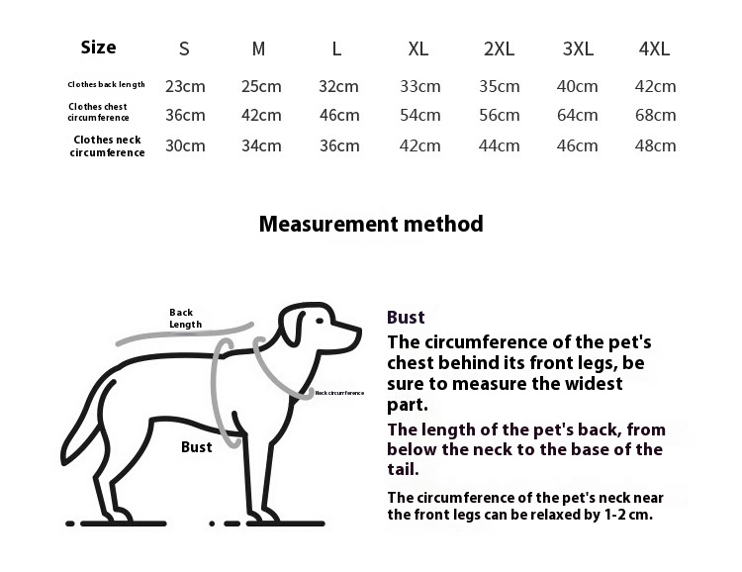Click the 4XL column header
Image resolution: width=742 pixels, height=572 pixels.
pos(655,48)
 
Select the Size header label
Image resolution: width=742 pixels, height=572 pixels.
pos(98,48)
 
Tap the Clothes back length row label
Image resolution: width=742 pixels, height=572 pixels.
pos(107,85)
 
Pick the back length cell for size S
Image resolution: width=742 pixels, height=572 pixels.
pos(185,86)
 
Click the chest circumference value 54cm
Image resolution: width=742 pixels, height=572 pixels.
pos(419,115)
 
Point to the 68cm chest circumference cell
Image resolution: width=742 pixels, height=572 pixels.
pos(655,115)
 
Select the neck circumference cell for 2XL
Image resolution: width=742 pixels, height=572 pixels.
pos(500,145)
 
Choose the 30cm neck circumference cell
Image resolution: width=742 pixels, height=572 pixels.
pos(185,145)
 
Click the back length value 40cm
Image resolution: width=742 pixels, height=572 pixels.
pos(578,86)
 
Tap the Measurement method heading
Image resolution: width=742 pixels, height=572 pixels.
pos(371,224)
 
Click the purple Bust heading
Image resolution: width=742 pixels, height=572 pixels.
pos(406,318)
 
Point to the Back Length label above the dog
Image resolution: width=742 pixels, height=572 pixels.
pos(185,318)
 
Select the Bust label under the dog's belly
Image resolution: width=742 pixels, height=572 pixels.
pos(197,447)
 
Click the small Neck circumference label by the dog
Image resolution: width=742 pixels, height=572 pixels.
pos(339,393)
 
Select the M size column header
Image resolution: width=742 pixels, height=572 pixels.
pos(259,48)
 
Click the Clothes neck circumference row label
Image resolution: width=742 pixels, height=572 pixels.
pos(107,146)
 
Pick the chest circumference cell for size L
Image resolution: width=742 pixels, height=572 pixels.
pos(339,115)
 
